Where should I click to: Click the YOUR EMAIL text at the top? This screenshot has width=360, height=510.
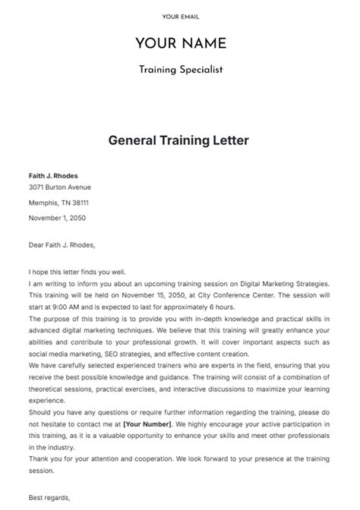coord(180,17)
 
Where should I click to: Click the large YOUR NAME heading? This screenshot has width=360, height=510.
coord(180,42)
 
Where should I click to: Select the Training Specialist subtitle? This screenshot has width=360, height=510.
coord(180,70)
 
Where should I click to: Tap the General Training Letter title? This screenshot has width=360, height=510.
coord(179,140)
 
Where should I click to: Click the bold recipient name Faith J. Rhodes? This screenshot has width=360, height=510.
coord(53,176)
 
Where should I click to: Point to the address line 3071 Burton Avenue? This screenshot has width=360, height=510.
coord(60,187)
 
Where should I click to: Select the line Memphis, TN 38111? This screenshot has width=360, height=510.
coord(58,203)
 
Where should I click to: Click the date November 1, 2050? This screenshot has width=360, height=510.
coord(57,218)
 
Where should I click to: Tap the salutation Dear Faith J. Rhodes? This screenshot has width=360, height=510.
coord(63,245)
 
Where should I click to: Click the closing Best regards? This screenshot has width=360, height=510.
coord(49,498)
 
